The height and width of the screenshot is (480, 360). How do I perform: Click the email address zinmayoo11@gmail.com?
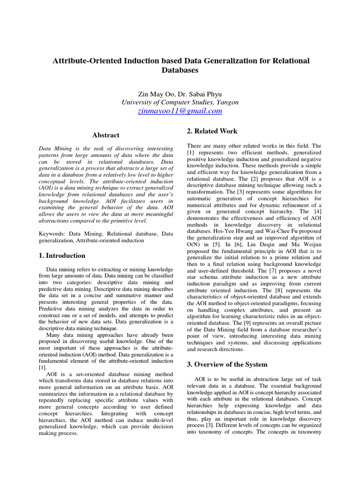(x=180, y=111)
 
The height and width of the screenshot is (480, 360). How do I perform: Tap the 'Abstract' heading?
(x=105, y=135)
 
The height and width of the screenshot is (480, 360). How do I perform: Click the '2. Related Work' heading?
(x=212, y=131)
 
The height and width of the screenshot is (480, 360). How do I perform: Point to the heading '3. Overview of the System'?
(x=227, y=364)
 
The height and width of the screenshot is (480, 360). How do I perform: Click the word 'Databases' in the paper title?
(x=180, y=70)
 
